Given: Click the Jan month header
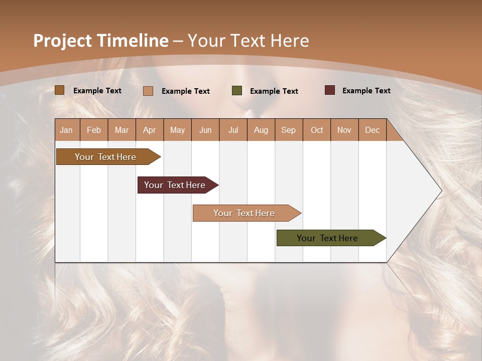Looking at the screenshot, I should point(67,130).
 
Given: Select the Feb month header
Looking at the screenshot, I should point(94,130).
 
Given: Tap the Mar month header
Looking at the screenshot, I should point(122,130).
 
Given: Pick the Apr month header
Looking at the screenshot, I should point(150,130).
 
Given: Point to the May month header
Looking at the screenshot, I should point(177,130).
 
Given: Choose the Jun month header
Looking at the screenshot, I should point(205,130).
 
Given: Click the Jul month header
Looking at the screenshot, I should point(233,130).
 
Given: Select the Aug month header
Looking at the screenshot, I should point(261,130).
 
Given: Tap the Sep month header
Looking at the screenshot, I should point(289,130).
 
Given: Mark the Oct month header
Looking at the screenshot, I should point(317,130).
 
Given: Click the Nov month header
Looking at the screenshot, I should point(344,130).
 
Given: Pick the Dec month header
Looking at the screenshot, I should point(373,130).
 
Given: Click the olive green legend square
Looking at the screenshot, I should point(237,91).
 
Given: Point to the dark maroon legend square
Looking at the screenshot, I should point(329,90).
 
